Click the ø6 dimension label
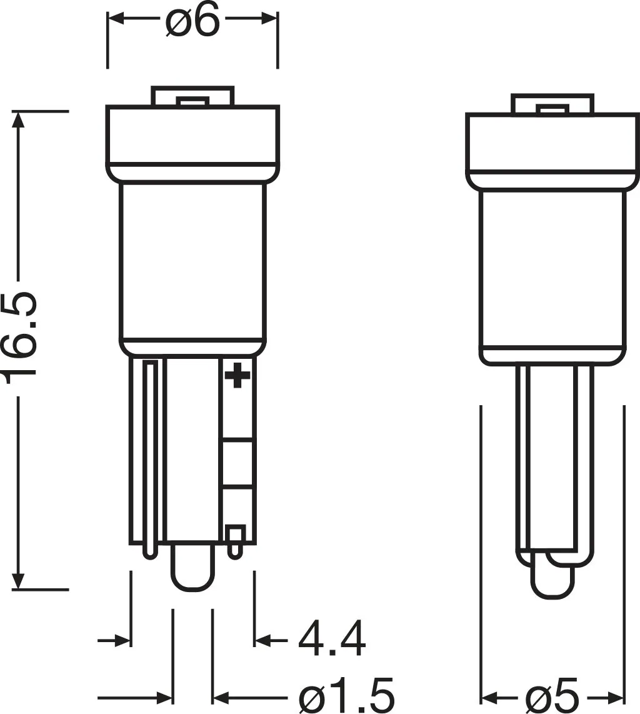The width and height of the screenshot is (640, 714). (192, 21)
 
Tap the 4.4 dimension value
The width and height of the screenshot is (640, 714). (331, 639)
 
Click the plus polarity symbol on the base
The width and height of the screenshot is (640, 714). (237, 375)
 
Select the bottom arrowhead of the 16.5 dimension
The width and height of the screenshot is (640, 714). (19, 581)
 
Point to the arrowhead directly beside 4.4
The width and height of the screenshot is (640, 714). (262, 640)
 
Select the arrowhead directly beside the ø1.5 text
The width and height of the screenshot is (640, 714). (221, 696)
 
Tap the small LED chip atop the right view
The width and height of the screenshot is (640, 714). (552, 109)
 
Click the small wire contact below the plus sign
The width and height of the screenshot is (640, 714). (235, 541)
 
